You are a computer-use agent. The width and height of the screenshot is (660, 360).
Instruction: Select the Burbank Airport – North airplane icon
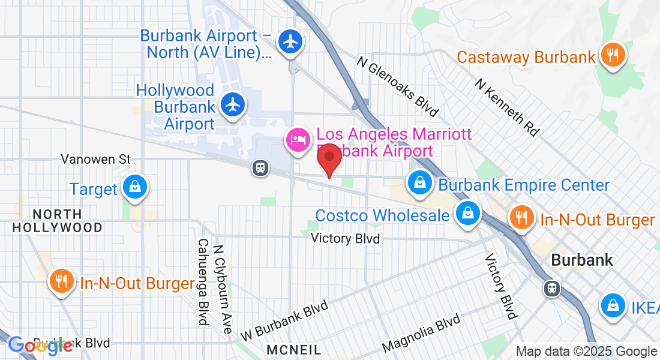click(291, 41)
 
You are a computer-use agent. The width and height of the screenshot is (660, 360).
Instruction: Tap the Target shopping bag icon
click(135, 187)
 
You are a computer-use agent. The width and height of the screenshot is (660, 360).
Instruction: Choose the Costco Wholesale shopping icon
click(467, 213)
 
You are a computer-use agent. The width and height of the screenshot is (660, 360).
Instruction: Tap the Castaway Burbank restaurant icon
click(612, 55)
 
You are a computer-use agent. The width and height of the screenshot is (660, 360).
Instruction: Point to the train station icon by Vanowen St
click(260, 167)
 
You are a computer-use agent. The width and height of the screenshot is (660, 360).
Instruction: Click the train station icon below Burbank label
click(551, 289)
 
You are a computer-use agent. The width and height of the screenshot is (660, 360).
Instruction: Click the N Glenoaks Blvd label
click(398, 85)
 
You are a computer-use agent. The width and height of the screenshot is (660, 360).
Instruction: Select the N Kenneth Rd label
click(507, 106)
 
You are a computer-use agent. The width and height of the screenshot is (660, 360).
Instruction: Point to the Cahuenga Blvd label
click(203, 282)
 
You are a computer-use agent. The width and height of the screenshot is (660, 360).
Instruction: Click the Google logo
click(40, 346)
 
